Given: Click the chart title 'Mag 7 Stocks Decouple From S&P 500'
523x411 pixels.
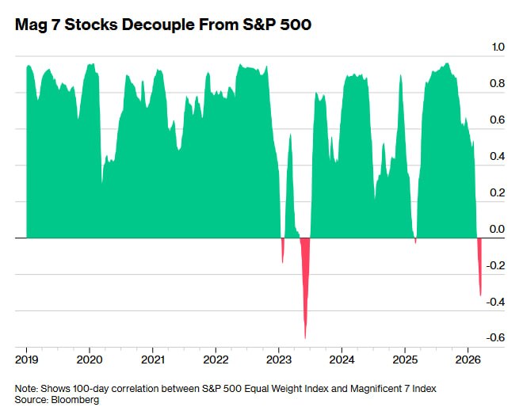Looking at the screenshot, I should pyautogui.click(x=163, y=25).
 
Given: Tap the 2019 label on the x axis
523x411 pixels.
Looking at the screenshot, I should pyautogui.click(x=27, y=357).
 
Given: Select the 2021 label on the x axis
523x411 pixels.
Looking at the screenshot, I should pyautogui.click(x=153, y=357).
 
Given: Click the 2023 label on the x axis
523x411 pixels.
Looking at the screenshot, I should pyautogui.click(x=279, y=357).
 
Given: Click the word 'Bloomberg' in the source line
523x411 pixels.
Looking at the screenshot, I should pyautogui.click(x=77, y=400).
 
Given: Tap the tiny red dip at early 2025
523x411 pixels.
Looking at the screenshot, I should pyautogui.click(x=415, y=240).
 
